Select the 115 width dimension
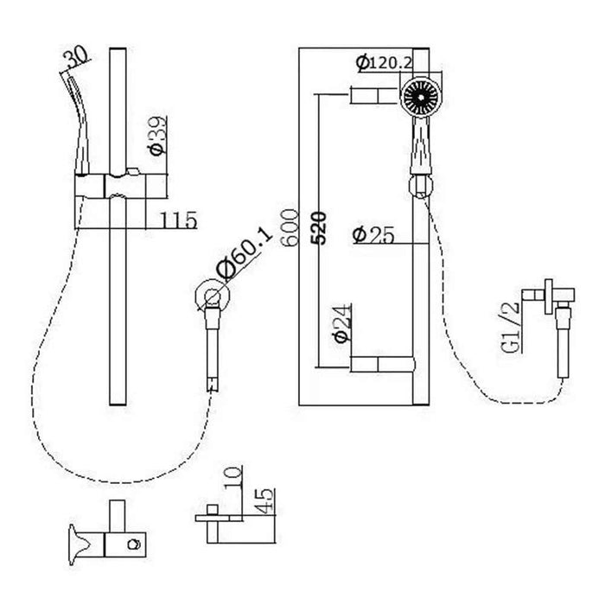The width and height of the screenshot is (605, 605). (x=179, y=220)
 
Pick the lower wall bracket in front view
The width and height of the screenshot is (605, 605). (x=379, y=364)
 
